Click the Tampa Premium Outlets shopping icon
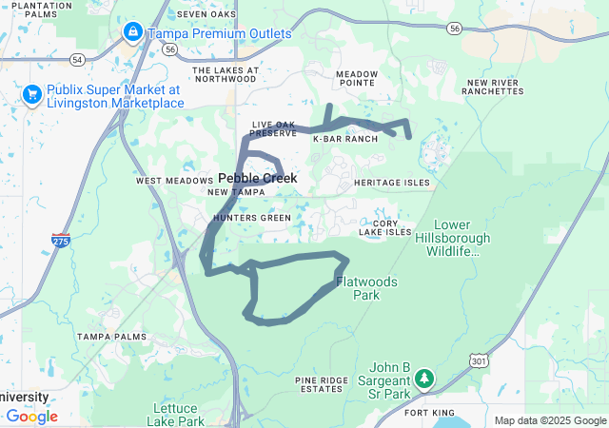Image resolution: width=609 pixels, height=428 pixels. (132, 33)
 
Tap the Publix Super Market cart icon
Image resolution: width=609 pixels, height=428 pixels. (31, 95)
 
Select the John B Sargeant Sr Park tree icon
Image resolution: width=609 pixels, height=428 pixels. (424, 379)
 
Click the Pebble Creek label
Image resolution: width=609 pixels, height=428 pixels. (258, 178)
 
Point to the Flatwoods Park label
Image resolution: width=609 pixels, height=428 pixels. (358, 288)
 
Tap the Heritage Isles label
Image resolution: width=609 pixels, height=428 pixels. (391, 183)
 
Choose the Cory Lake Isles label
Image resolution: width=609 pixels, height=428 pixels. (385, 231)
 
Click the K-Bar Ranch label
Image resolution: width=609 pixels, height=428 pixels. (345, 139)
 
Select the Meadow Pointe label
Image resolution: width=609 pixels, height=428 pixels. (357, 78)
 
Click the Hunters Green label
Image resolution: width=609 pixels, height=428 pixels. (252, 218)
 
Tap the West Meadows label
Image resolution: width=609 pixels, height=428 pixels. (174, 181)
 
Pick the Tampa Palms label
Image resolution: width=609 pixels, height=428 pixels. (112, 337)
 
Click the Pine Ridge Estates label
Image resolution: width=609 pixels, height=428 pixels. (319, 384)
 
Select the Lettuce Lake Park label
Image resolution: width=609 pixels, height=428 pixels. (178, 414)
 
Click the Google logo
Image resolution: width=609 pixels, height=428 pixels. (31, 417)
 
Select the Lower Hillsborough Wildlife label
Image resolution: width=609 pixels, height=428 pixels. (453, 244)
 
